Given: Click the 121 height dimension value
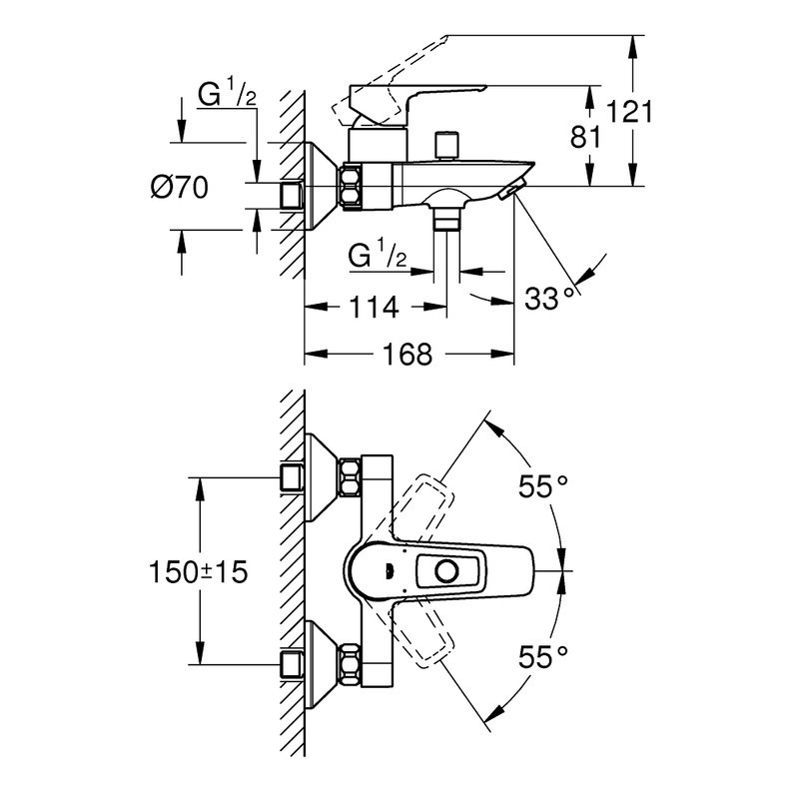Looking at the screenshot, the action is [x=629, y=112].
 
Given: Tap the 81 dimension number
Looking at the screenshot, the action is [x=585, y=137].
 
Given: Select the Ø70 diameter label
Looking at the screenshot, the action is [x=180, y=188].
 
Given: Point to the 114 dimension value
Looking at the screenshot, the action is [x=374, y=307].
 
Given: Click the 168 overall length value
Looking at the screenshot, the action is [x=407, y=354].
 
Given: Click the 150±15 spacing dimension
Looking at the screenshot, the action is [x=198, y=571].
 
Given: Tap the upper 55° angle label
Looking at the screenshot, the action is [x=543, y=486].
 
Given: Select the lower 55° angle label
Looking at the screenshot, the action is [x=543, y=657].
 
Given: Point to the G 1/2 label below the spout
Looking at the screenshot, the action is [x=378, y=256].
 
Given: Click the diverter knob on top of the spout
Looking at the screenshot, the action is [x=446, y=146].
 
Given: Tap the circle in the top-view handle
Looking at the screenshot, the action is [x=446, y=571].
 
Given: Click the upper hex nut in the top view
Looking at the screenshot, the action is [x=351, y=477].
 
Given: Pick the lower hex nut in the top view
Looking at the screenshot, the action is [x=351, y=664].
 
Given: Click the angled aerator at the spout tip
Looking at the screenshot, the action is [x=513, y=189].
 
